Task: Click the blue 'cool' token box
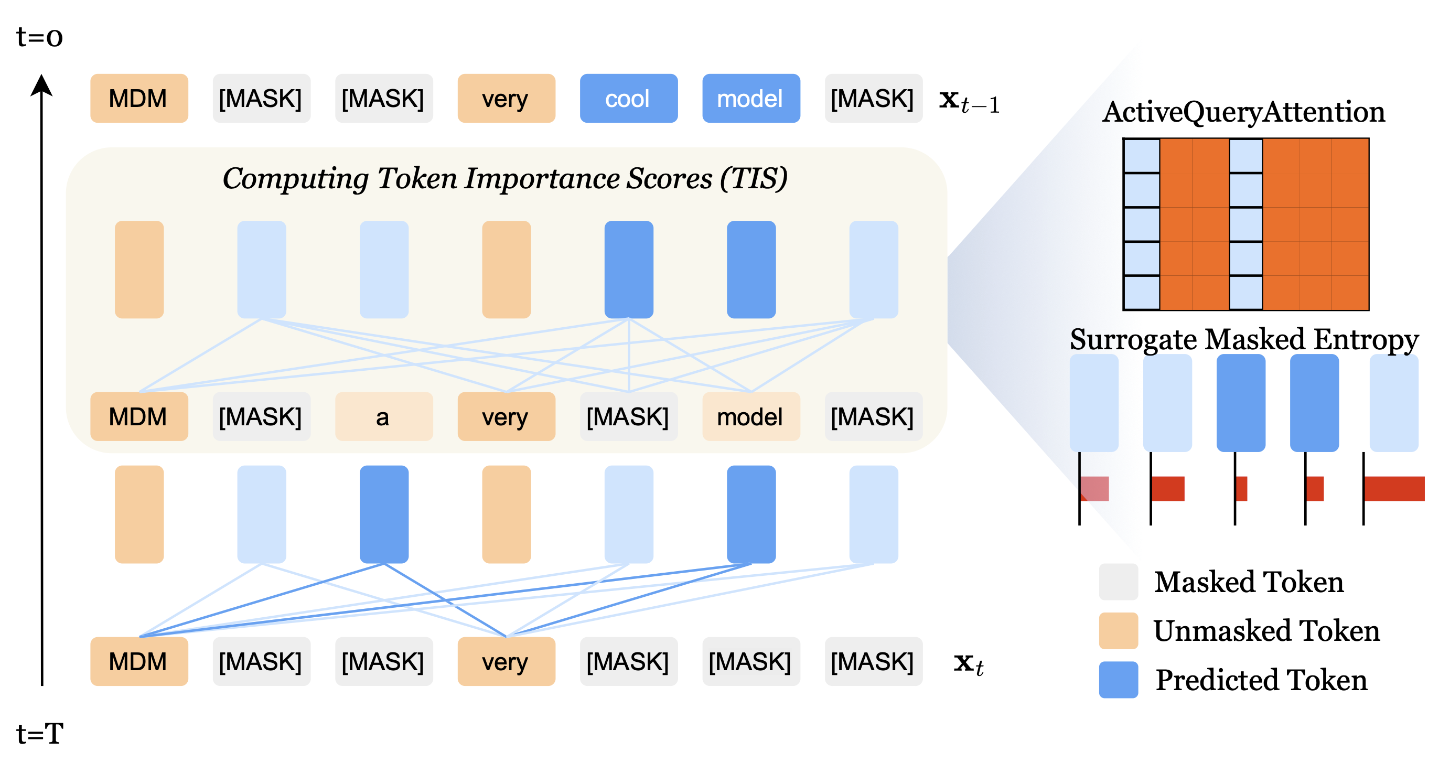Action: coord(628,98)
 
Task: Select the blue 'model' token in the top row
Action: coord(751,98)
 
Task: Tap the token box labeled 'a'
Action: coord(384,417)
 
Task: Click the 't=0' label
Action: coord(40,37)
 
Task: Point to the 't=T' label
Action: coord(40,733)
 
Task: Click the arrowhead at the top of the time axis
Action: coord(41,85)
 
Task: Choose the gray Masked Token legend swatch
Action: coord(1119,582)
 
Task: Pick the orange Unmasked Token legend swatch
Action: coord(1119,630)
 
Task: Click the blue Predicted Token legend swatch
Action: coord(1119,680)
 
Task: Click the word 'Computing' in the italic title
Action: coord(296,179)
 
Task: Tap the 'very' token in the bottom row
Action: coord(506,662)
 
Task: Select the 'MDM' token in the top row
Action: coord(139,98)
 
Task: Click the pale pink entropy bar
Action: coord(1094,489)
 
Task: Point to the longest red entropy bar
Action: coord(1394,489)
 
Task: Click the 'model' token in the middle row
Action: coord(751,417)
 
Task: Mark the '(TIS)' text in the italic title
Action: coord(754,179)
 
